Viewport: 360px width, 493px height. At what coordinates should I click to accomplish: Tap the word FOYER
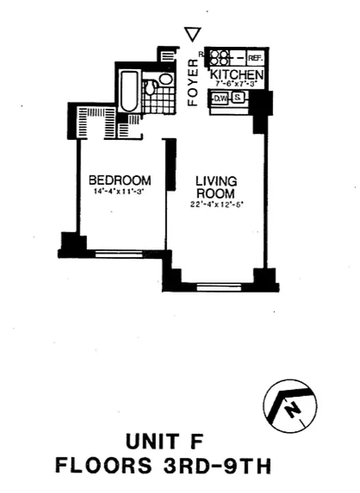click(193, 82)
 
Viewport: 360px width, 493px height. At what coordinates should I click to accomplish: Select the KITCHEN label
click(237, 75)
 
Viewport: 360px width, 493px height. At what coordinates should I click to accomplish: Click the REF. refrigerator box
click(255, 58)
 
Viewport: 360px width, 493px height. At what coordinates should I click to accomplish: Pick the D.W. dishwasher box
click(219, 97)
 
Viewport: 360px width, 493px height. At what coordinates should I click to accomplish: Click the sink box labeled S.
click(237, 97)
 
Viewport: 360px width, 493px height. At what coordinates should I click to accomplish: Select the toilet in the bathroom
click(150, 88)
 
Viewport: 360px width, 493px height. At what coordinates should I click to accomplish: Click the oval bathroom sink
click(165, 79)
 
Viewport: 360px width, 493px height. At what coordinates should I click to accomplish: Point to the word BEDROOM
click(120, 181)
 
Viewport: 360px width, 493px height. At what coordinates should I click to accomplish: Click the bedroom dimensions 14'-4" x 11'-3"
click(120, 192)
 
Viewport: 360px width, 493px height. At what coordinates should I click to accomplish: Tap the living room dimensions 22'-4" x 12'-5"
click(216, 205)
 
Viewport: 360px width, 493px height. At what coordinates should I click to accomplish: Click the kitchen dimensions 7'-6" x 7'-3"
click(237, 84)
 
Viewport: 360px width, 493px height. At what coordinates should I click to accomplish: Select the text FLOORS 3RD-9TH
click(163, 465)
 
